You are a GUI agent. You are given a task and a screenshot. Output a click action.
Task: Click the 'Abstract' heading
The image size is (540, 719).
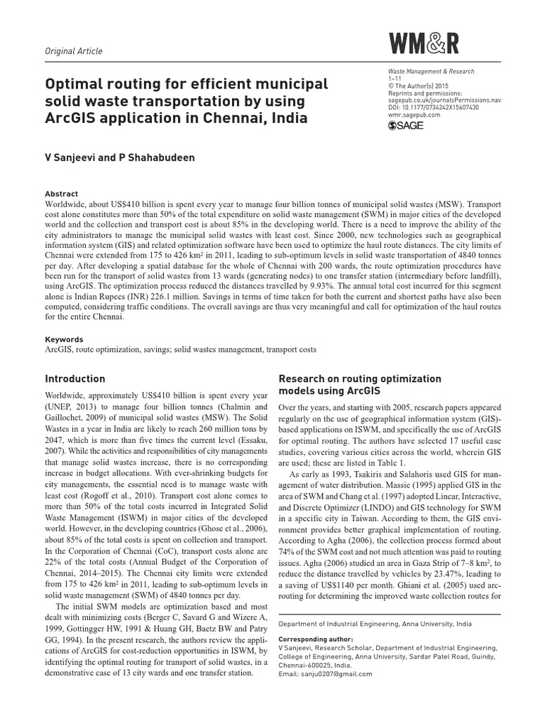point(62,194)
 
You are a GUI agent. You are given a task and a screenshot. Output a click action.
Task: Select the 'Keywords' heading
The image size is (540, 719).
point(64,339)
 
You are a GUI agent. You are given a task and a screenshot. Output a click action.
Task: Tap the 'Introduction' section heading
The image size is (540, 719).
point(75,378)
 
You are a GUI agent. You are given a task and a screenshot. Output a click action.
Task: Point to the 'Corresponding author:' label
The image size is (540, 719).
point(314,640)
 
